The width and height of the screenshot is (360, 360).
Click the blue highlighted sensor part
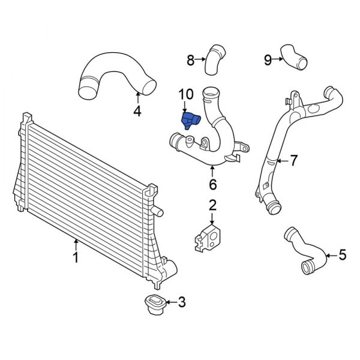(191, 120)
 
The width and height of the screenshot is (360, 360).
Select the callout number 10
(186, 95)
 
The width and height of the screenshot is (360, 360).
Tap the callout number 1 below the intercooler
(76, 258)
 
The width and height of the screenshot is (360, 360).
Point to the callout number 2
(212, 206)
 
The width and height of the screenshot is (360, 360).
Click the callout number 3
(182, 302)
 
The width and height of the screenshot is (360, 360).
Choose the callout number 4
(137, 110)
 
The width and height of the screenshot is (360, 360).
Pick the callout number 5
(342, 256)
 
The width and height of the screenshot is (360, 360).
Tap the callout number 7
(293, 160)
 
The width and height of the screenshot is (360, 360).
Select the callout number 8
(190, 59)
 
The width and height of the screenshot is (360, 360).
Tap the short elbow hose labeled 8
(215, 58)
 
